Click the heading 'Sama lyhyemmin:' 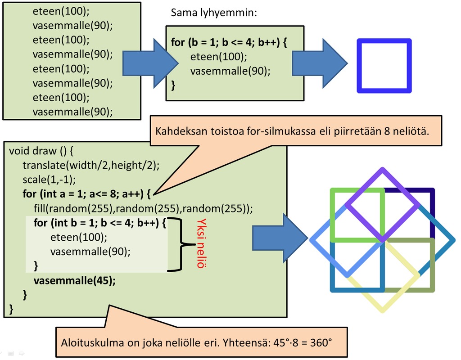tap(213, 12)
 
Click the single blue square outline tap(384, 41)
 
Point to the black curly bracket tap(182, 245)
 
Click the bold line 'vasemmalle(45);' tap(75, 280)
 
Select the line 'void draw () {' tap(44, 150)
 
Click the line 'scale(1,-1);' tap(50, 180)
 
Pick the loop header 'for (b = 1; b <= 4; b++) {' tap(229, 43)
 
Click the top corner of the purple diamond tap(383, 170)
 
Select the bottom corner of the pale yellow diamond tap(383, 310)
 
